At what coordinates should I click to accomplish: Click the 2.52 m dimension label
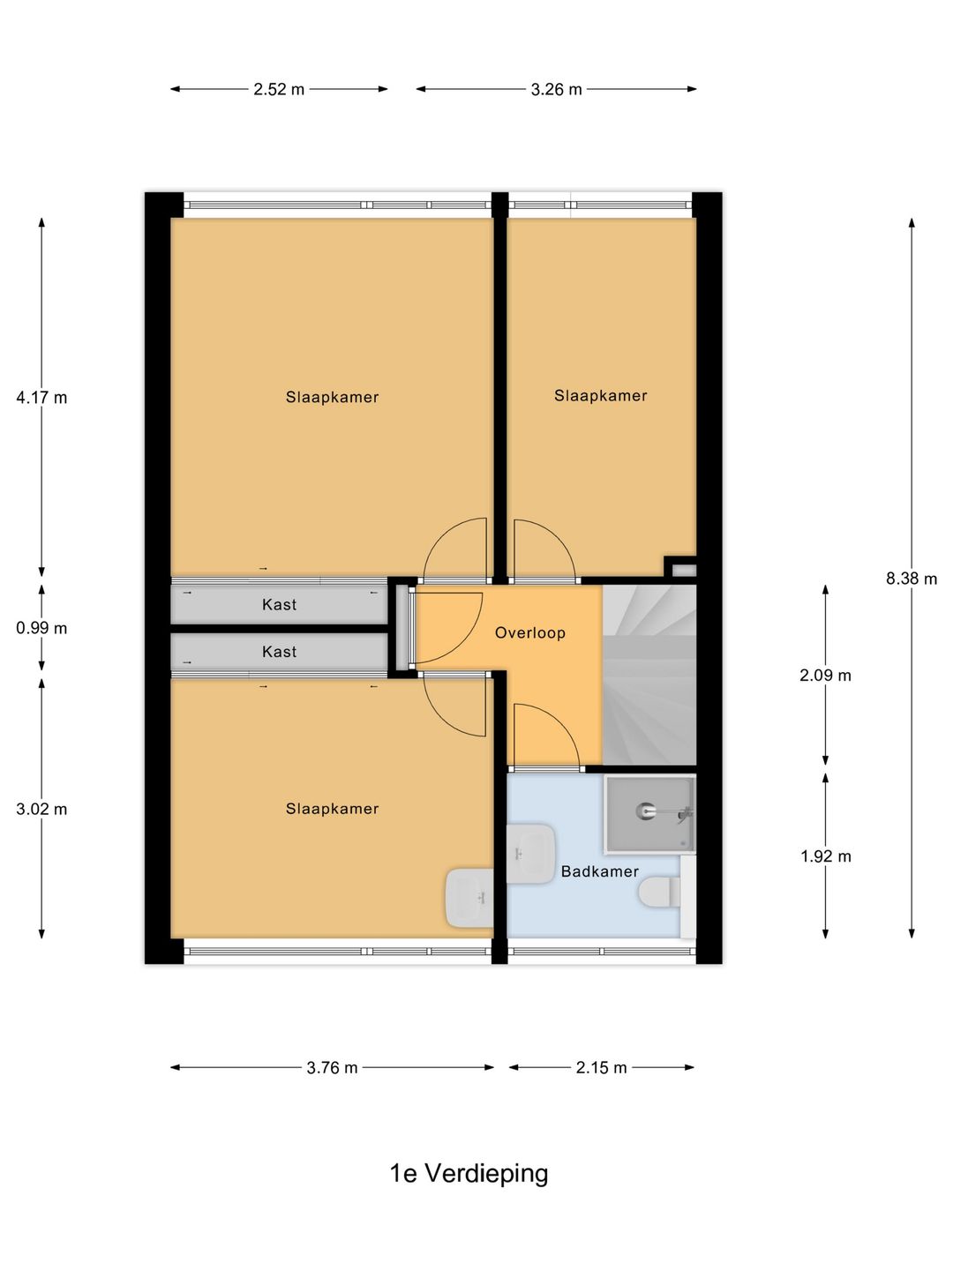click(x=278, y=90)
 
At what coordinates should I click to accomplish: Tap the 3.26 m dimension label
click(x=556, y=90)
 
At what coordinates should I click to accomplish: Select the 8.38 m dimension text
click(x=912, y=579)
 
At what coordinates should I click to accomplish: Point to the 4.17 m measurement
click(x=41, y=398)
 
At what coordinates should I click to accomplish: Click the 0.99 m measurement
click(x=41, y=628)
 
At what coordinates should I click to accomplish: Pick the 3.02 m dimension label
click(x=41, y=809)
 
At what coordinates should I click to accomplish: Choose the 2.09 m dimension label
click(x=825, y=676)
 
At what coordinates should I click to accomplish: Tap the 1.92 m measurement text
click(x=825, y=856)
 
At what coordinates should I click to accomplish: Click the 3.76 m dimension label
click(x=332, y=1067)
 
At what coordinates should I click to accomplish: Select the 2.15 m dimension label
click(x=601, y=1067)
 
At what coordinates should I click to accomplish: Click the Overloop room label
click(x=530, y=633)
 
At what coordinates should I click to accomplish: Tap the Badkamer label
click(x=600, y=871)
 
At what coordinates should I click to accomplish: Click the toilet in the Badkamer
click(x=660, y=893)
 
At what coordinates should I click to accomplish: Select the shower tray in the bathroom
click(x=649, y=814)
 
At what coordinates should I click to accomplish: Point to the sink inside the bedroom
click(x=469, y=898)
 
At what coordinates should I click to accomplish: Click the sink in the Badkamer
click(x=531, y=854)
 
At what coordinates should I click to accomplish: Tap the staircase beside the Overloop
click(x=649, y=675)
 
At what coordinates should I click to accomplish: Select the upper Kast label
click(x=279, y=605)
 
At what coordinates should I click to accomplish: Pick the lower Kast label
click(x=279, y=652)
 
